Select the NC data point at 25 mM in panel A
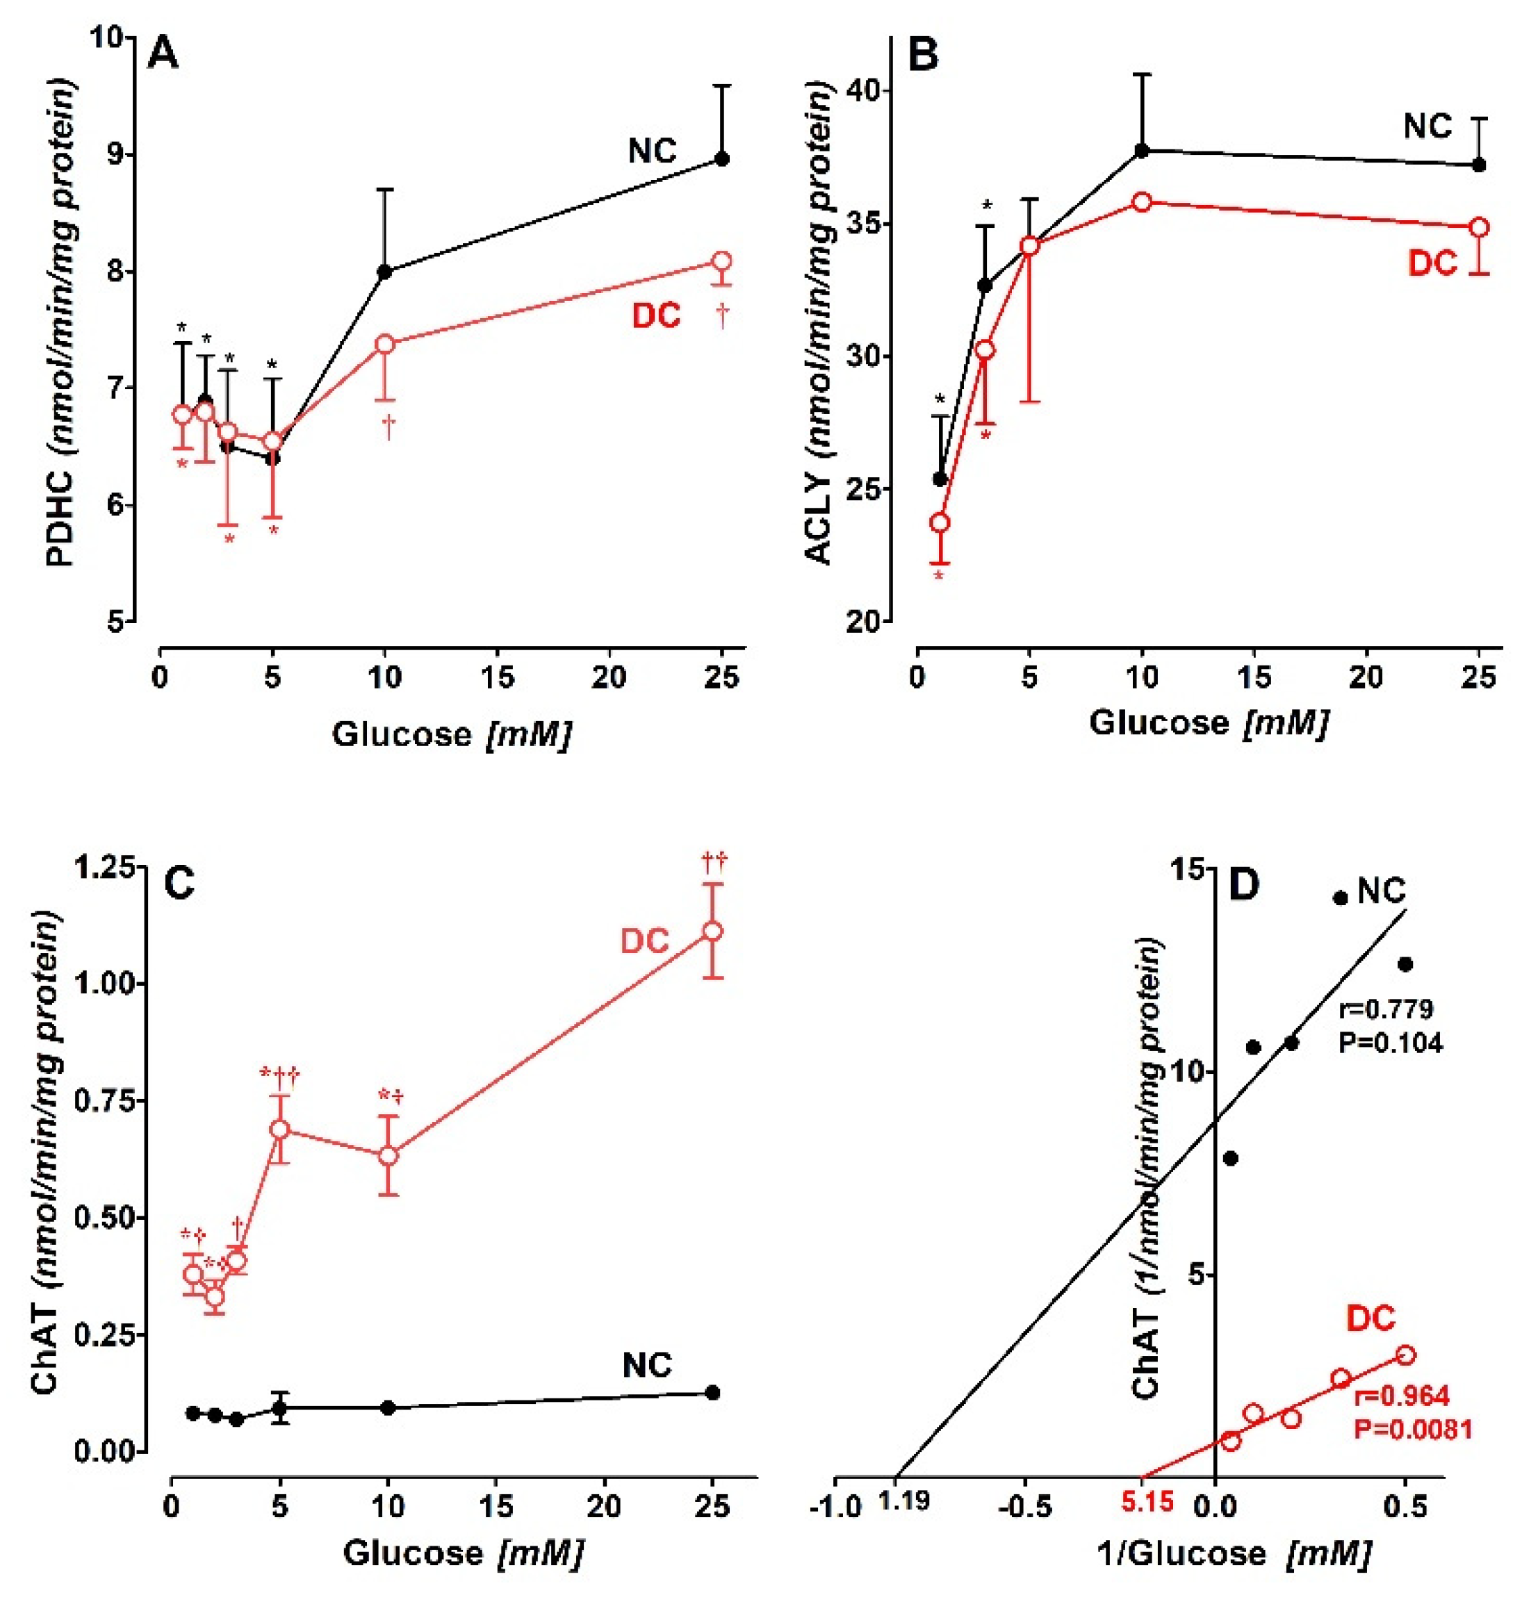[722, 159]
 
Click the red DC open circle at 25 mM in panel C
[712, 931]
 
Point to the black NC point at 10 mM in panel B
[1143, 151]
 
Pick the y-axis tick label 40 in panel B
[863, 91]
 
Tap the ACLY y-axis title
[820, 324]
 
